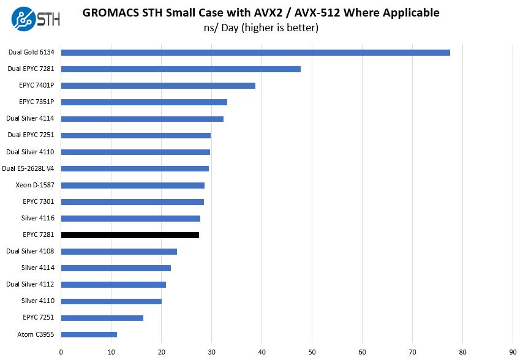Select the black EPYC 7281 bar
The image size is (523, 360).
130,235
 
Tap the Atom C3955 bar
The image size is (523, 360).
89,334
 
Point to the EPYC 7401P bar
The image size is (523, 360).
158,86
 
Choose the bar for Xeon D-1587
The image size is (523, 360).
132,185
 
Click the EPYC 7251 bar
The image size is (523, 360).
102,318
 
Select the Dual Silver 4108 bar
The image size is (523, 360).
119,252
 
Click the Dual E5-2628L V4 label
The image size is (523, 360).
28,168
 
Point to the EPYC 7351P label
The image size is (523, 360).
36,102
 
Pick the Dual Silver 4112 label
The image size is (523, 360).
30,285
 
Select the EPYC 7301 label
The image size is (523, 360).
38,201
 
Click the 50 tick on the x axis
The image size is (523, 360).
312,352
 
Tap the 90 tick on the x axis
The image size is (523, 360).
513,352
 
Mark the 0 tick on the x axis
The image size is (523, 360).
61,352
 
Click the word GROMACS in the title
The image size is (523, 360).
110,12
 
